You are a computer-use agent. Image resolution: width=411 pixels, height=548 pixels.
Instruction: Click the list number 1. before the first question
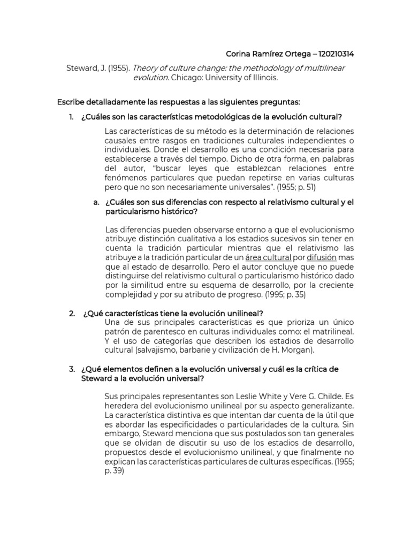coord(72,117)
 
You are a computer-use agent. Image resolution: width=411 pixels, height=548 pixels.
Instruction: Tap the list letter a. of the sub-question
coord(96,203)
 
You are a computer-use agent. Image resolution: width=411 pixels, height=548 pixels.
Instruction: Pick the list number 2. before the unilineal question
coord(72,313)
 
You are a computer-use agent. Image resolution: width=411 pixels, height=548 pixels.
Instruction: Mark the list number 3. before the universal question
coord(72,369)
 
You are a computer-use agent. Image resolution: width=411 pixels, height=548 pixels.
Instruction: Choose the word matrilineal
coord(331,332)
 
